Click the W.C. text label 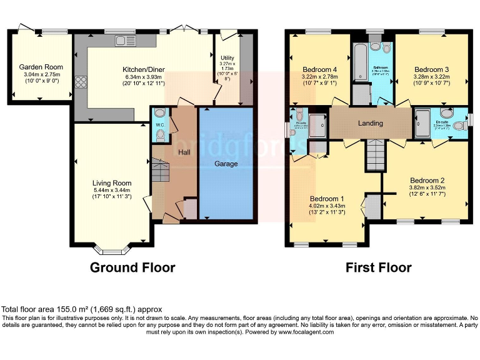[x=159, y=124]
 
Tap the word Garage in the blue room [x=226, y=164]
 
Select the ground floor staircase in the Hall [x=161, y=169]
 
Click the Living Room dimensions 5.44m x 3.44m [x=113, y=190]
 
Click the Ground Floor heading [x=132, y=268]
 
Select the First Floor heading [x=379, y=268]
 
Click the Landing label [x=370, y=123]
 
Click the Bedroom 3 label [x=431, y=69]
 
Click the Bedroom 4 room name [x=319, y=69]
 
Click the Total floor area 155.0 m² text [x=82, y=309]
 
